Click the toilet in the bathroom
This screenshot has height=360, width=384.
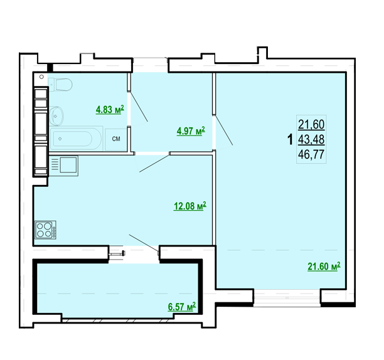[60, 85]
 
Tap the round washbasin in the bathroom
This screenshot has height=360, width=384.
[56, 116]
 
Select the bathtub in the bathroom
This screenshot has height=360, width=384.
[76, 138]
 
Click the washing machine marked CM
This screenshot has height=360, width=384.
[116, 139]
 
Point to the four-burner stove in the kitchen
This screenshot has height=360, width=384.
[46, 230]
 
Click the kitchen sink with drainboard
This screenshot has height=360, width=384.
[63, 166]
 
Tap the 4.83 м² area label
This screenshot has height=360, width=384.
[110, 110]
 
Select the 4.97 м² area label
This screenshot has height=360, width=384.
[191, 131]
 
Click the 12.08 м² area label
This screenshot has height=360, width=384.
[189, 206]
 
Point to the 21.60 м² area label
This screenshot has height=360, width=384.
[324, 267]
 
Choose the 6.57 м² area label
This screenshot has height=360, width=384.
[182, 307]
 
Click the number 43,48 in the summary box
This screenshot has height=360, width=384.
[311, 140]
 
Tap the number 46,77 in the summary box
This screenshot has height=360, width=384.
[311, 154]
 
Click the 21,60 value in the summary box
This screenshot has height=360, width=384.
[311, 125]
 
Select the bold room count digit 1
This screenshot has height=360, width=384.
[291, 140]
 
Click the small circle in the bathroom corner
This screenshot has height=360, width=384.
[41, 77]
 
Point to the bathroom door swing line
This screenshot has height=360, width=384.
[139, 107]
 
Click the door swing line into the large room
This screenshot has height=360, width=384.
[224, 130]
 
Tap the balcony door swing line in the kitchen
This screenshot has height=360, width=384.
[144, 243]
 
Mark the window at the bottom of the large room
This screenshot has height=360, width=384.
[287, 298]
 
